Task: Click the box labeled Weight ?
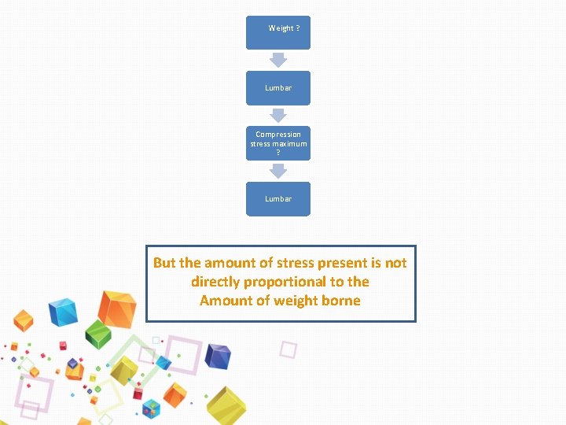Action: [x=278, y=32]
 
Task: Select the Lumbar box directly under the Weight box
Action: [x=278, y=88]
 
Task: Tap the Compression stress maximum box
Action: [x=278, y=143]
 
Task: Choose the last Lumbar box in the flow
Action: [x=278, y=199]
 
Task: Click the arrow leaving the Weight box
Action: [x=278, y=60]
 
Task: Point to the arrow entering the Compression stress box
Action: [x=278, y=116]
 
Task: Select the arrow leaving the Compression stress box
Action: [x=278, y=171]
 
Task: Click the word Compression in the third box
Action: [x=278, y=135]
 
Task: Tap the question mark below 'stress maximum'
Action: [x=278, y=153]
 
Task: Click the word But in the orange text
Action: [x=165, y=263]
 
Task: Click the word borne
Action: [x=340, y=301]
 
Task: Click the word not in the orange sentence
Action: [x=395, y=263]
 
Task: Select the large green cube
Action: [x=97, y=334]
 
